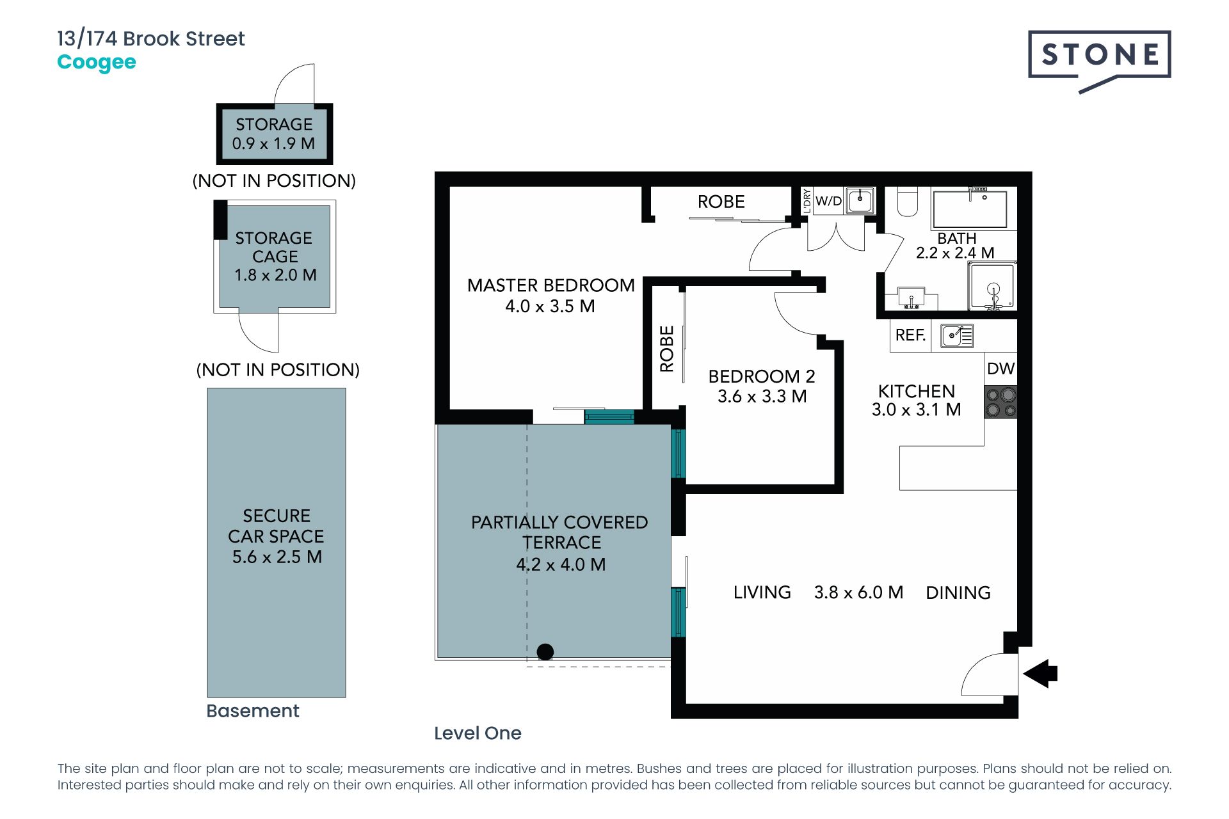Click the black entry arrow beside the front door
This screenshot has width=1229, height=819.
click(1040, 674)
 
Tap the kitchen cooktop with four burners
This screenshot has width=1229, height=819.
click(1000, 402)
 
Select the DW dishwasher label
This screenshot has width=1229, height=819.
click(1000, 369)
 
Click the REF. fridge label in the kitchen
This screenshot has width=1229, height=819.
click(910, 335)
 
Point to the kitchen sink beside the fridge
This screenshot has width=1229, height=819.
click(957, 335)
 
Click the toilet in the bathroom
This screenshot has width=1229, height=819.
click(907, 201)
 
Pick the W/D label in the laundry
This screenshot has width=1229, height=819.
click(828, 201)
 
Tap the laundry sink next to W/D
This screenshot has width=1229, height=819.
click(860, 200)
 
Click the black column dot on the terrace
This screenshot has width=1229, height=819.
click(545, 652)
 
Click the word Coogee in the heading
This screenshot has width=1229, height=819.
click(97, 63)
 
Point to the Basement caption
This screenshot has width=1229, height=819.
click(253, 711)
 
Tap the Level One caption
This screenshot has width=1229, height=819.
click(478, 733)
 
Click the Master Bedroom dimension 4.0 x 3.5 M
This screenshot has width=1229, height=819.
click(550, 306)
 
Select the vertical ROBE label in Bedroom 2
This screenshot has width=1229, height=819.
click(667, 349)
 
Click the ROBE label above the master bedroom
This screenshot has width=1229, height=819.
click(721, 202)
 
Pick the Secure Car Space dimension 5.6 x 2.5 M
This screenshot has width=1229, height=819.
click(277, 557)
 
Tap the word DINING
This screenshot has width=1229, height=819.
click(958, 593)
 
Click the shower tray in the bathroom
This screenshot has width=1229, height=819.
click(992, 287)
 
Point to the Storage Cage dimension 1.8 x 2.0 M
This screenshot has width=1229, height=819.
click(275, 275)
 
